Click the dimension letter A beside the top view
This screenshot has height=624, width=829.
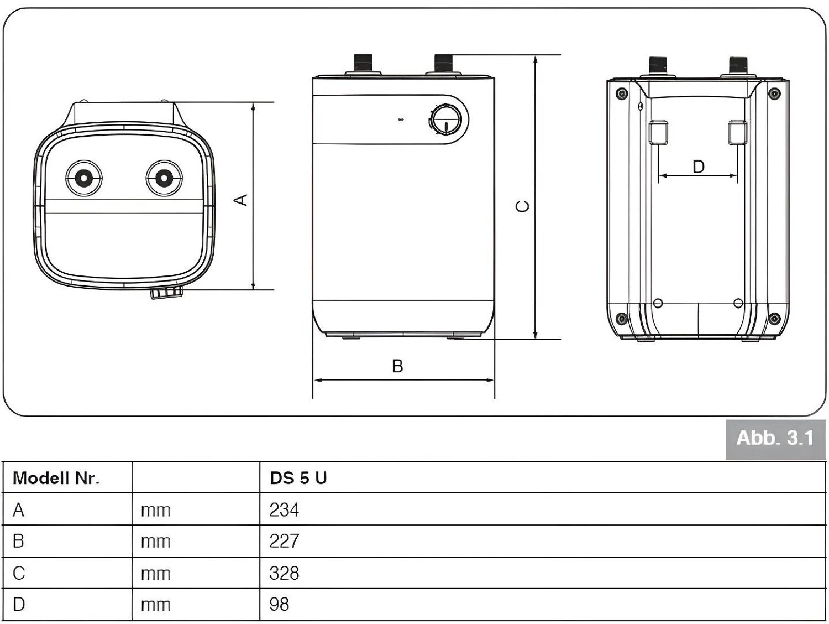click(241, 200)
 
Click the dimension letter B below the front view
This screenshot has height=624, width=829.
click(397, 366)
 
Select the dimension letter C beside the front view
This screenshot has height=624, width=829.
click(522, 206)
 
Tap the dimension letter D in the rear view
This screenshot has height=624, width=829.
click(699, 167)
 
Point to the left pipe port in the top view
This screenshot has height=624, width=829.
click(83, 178)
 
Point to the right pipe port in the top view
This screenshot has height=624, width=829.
click(164, 178)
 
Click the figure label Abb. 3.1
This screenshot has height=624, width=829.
click(775, 439)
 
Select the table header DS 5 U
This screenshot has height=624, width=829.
click(298, 478)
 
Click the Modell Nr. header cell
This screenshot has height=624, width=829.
click(56, 478)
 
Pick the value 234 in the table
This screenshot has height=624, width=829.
click(284, 510)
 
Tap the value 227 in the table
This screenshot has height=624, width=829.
click(284, 541)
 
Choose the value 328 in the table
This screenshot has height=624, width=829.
click(284, 573)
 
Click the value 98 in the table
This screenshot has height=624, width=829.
click(279, 604)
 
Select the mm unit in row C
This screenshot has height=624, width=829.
click(156, 574)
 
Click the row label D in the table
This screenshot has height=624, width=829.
click(19, 604)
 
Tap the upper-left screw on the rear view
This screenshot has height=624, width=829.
click(621, 93)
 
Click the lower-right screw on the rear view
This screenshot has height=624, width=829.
click(774, 319)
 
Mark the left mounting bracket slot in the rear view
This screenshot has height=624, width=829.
click(658, 132)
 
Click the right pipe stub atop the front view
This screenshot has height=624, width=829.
click(443, 63)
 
